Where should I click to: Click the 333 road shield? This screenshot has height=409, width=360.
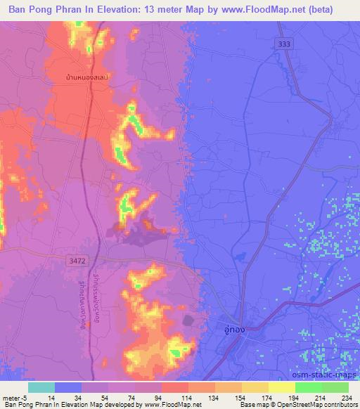pyautogui.click(x=283, y=44)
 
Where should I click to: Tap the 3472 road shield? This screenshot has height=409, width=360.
pyautogui.click(x=78, y=261)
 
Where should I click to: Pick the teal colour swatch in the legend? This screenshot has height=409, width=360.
pyautogui.click(x=41, y=387)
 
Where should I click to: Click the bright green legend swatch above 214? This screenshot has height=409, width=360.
pyautogui.click(x=309, y=387)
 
